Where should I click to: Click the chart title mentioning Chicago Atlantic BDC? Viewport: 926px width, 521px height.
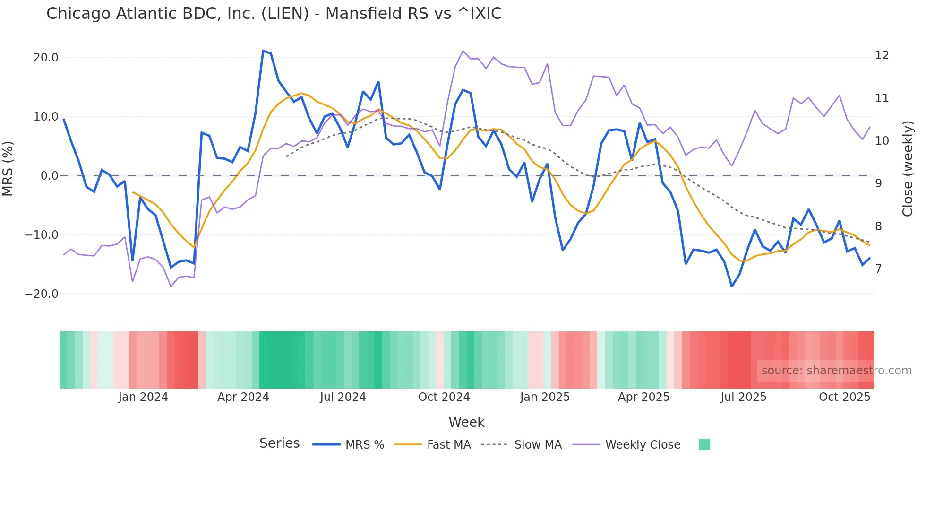[274, 14]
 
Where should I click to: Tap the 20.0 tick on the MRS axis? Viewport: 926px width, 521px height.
[46, 58]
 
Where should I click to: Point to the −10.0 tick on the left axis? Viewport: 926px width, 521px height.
[42, 235]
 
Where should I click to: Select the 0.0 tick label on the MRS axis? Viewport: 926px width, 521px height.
[50, 176]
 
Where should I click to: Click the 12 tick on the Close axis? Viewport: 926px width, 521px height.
[882, 55]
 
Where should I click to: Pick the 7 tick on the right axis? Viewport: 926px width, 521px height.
[878, 269]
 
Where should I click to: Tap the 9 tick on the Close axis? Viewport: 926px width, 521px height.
[878, 183]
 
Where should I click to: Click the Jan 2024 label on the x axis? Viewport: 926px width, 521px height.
[143, 397]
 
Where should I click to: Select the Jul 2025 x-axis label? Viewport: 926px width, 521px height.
[743, 397]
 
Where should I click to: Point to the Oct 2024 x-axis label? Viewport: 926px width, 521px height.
[444, 397]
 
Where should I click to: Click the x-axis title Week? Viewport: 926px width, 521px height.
[466, 422]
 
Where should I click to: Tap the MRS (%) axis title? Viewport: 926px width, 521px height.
[8, 168]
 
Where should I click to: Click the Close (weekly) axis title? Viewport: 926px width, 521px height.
[908, 169]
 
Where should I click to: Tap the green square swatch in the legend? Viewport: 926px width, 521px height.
[704, 444]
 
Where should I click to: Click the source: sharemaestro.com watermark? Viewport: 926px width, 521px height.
[836, 371]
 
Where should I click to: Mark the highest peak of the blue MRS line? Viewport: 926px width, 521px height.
[263, 51]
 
